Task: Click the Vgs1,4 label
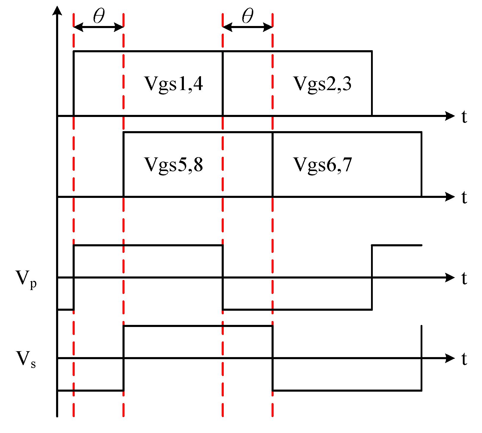(x=174, y=84)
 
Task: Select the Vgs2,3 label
(x=322, y=84)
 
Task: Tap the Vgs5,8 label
(x=174, y=165)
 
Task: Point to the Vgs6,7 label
(x=323, y=165)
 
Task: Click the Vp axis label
(x=26, y=279)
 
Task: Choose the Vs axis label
(x=26, y=359)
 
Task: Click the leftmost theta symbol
(x=99, y=16)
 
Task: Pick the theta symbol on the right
(x=248, y=16)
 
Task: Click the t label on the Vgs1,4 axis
(x=464, y=117)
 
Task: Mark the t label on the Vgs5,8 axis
(x=464, y=197)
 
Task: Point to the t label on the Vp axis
(x=464, y=278)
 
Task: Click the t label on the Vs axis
(x=464, y=359)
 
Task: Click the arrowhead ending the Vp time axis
(x=450, y=277)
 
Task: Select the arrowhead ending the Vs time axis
(x=450, y=358)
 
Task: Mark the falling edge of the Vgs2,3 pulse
(x=372, y=83)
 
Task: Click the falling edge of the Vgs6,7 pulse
(x=421, y=164)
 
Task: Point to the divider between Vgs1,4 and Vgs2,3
(x=223, y=83)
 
